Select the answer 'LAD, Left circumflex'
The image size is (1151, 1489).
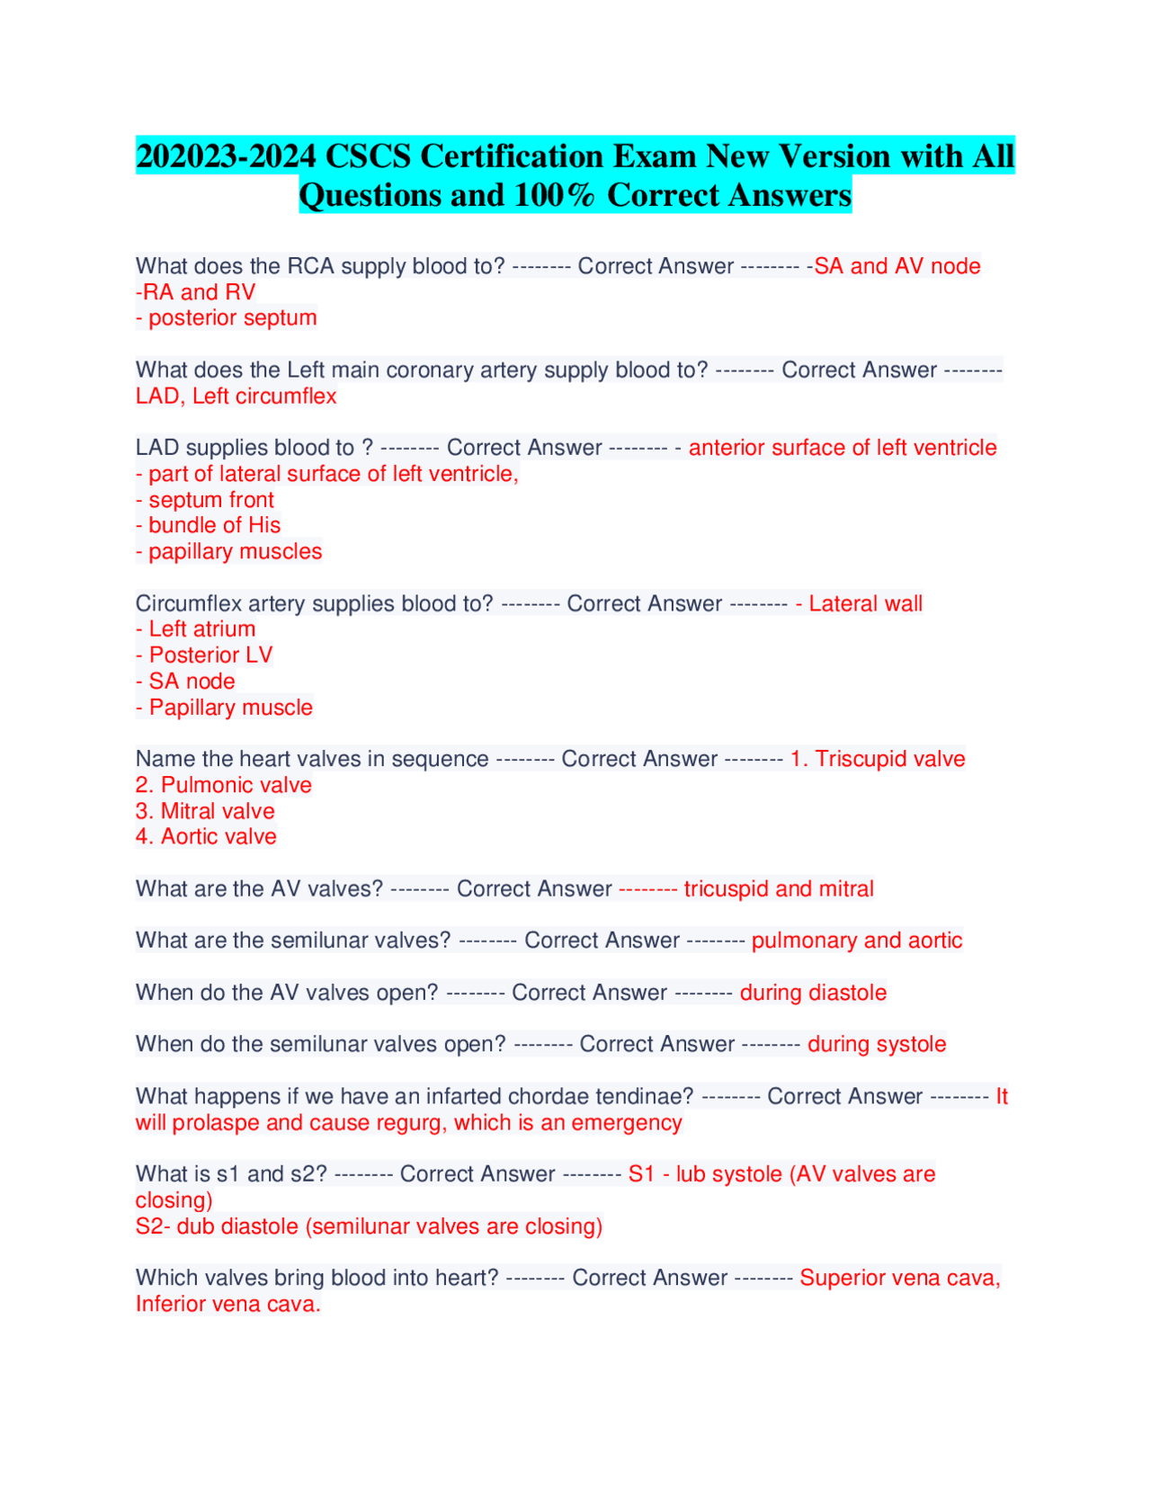click(236, 397)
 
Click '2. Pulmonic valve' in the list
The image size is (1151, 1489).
click(224, 785)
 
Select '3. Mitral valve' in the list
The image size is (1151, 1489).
click(205, 811)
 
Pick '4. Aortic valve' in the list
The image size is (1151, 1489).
click(206, 837)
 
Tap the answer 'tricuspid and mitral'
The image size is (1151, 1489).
click(779, 889)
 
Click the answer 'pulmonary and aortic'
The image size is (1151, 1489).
click(857, 941)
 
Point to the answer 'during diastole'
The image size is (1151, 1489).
click(813, 993)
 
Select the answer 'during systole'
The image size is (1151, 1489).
click(877, 1044)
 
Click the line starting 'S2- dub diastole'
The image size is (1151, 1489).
click(369, 1226)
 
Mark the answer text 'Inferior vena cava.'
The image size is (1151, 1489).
click(228, 1305)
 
